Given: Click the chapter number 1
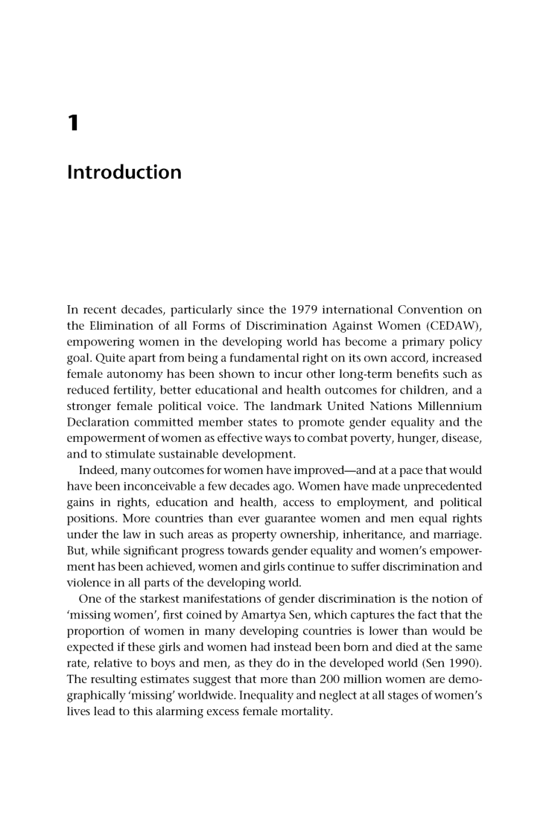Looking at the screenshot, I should click(x=72, y=123).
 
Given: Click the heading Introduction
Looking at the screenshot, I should click(x=124, y=173).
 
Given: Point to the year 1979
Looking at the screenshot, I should click(x=288, y=309).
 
